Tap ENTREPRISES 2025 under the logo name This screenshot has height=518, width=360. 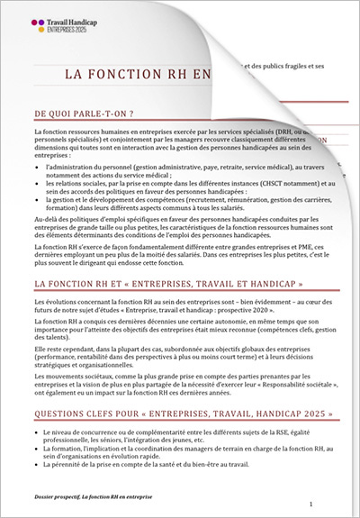77,30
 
